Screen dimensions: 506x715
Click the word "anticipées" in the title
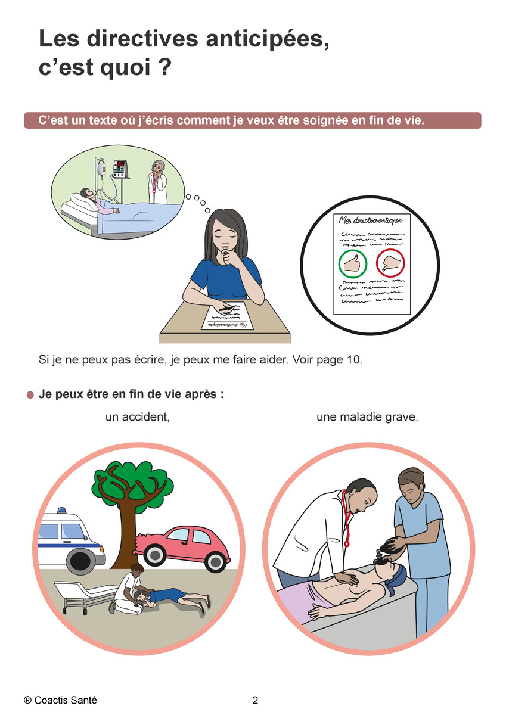[x=267, y=39]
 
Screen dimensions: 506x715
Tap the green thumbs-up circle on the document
[x=352, y=263]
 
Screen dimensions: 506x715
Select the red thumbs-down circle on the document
[x=390, y=263]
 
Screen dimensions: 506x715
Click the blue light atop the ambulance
[x=61, y=510]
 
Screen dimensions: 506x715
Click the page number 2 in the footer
[x=255, y=700]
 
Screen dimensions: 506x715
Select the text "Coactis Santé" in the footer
[x=65, y=700]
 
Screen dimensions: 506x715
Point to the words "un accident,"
[x=137, y=417]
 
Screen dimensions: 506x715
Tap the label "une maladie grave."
[x=367, y=417]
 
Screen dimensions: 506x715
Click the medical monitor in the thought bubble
[x=120, y=168]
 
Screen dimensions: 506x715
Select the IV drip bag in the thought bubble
[x=101, y=168]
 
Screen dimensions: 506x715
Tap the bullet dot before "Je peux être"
[x=30, y=395]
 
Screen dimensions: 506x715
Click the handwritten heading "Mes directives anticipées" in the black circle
[x=370, y=220]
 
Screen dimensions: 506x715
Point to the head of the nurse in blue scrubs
[x=411, y=484]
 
